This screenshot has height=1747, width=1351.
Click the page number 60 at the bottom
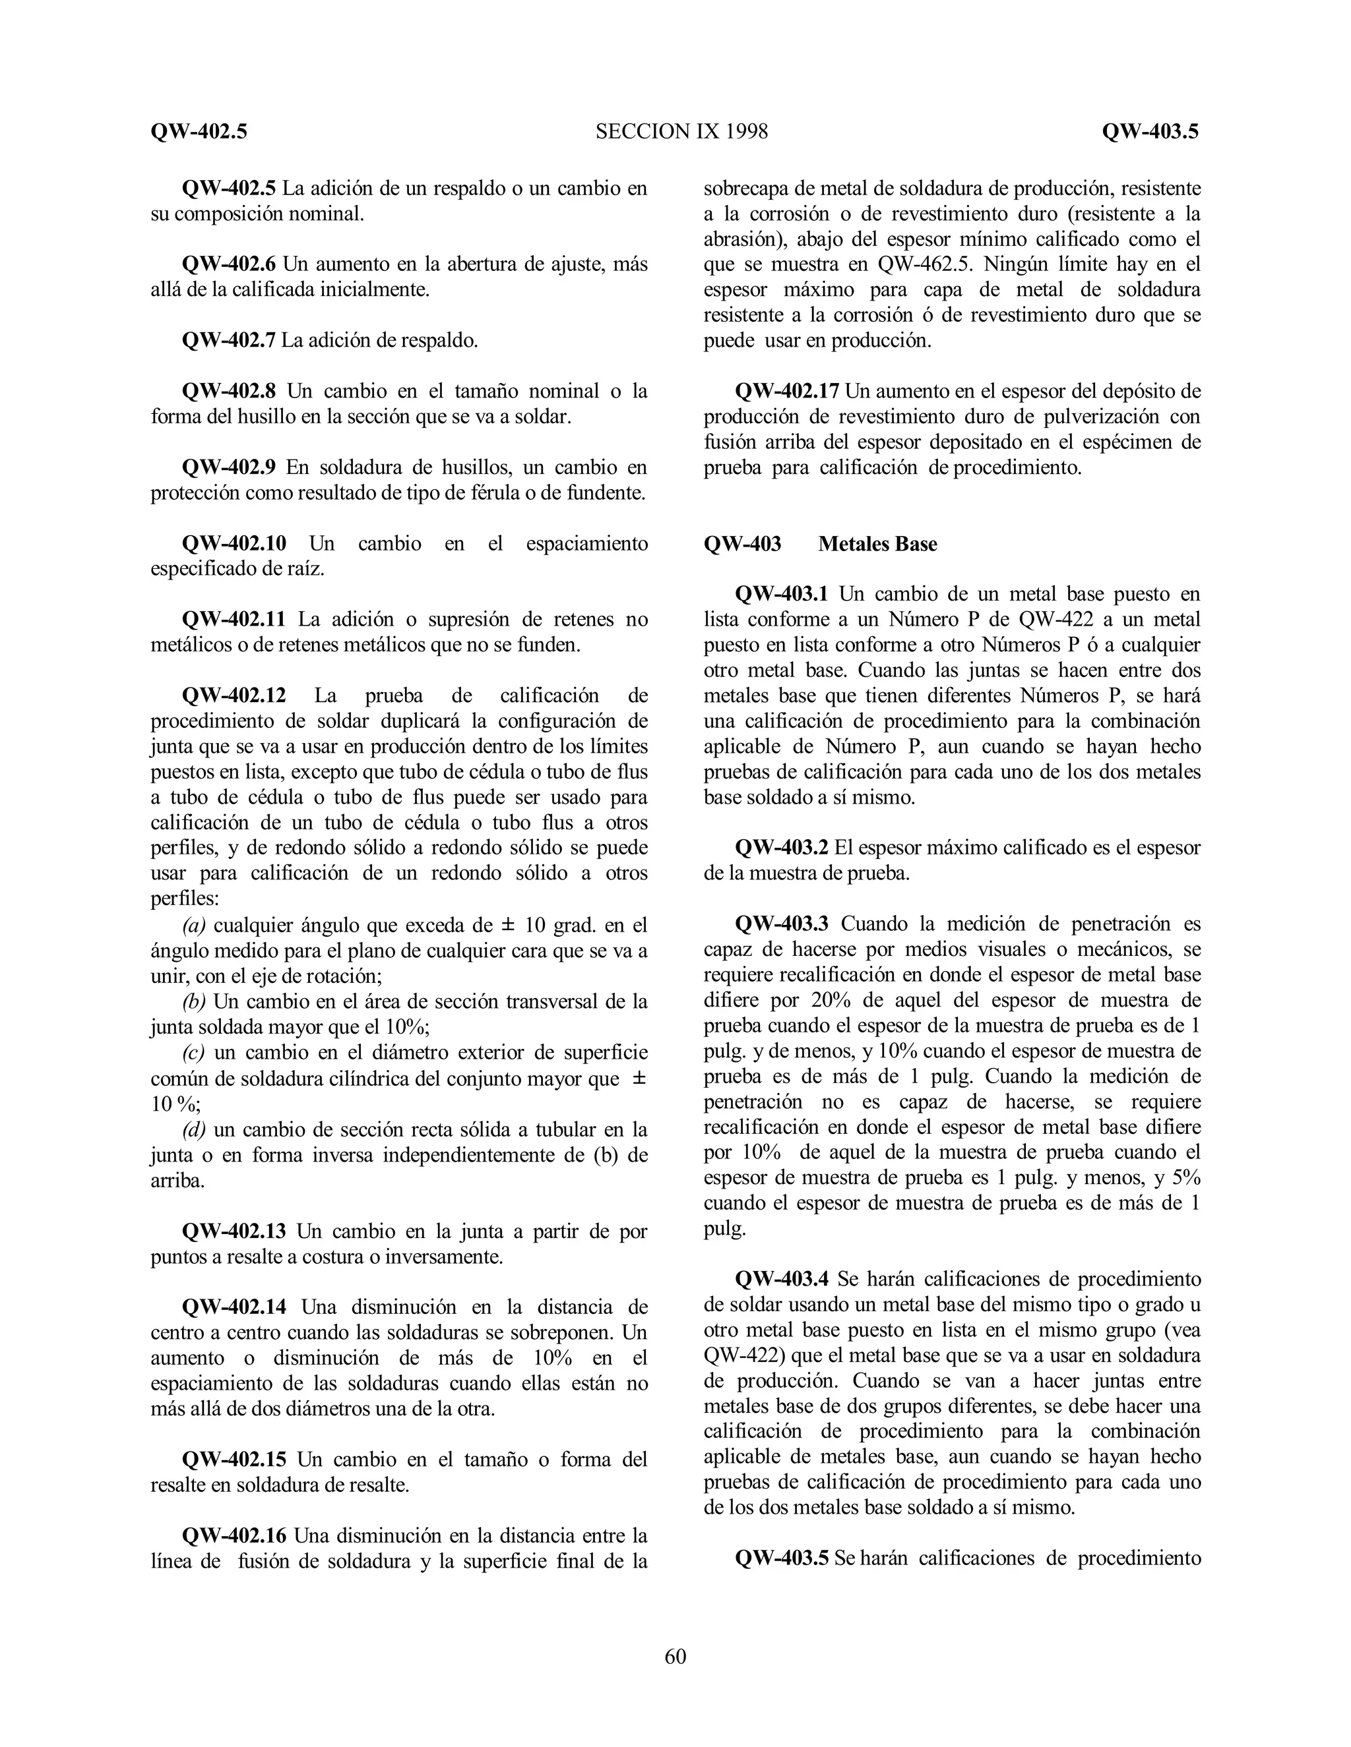tap(675, 1656)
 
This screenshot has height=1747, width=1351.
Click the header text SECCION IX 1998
tap(681, 131)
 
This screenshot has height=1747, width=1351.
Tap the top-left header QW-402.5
tap(199, 131)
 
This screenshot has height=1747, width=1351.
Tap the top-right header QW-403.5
tap(1150, 131)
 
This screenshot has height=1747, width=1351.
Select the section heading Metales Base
tap(877, 544)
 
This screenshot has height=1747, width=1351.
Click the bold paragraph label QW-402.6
tap(229, 264)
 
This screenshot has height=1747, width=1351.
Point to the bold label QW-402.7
tap(229, 341)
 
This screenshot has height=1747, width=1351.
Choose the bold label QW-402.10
tap(234, 544)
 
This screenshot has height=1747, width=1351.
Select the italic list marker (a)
tap(194, 926)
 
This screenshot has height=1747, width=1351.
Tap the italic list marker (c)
tap(194, 1053)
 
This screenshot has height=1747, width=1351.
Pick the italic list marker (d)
tap(194, 1129)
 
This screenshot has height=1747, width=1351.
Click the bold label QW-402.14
tap(234, 1307)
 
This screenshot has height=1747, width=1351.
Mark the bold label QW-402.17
tap(787, 392)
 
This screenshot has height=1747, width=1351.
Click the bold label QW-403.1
tap(782, 595)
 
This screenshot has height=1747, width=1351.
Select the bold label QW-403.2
tap(782, 848)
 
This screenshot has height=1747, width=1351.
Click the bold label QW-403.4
tap(782, 1279)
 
